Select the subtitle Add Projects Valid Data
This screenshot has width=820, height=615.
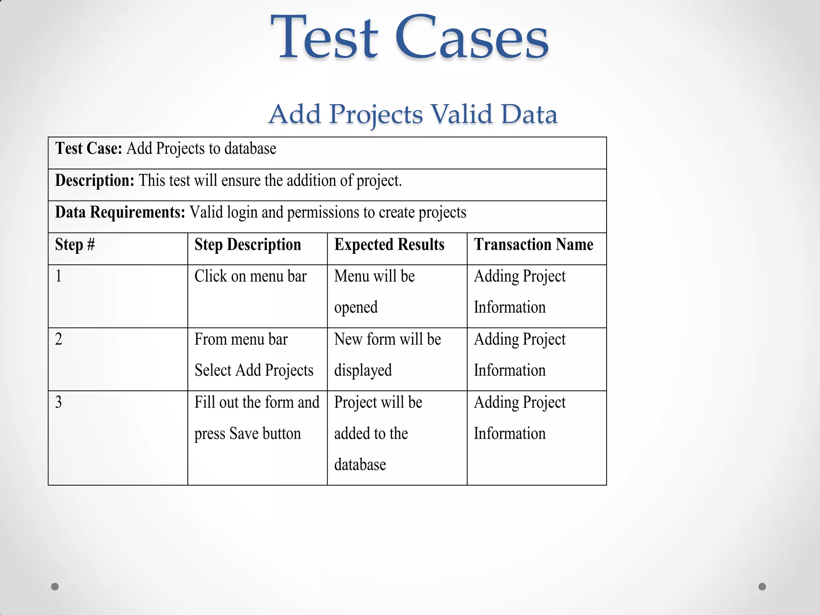click(x=412, y=114)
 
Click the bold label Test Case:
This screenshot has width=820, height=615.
click(x=88, y=149)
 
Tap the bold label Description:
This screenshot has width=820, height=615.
click(x=94, y=181)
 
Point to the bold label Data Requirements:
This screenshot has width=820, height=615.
click(x=120, y=212)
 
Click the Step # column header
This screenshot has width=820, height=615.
click(x=75, y=244)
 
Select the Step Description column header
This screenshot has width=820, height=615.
click(x=247, y=244)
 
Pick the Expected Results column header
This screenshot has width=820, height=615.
click(x=389, y=244)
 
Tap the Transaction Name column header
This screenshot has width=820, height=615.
click(x=533, y=244)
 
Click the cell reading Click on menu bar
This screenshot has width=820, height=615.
click(x=250, y=276)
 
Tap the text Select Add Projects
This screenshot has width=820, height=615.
click(x=254, y=370)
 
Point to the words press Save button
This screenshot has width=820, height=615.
click(x=247, y=434)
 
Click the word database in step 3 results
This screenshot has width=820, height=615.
click(x=360, y=465)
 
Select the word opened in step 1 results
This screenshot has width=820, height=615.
click(x=356, y=307)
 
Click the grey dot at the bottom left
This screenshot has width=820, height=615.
click(x=55, y=587)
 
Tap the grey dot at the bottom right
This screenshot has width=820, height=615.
click(x=762, y=587)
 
